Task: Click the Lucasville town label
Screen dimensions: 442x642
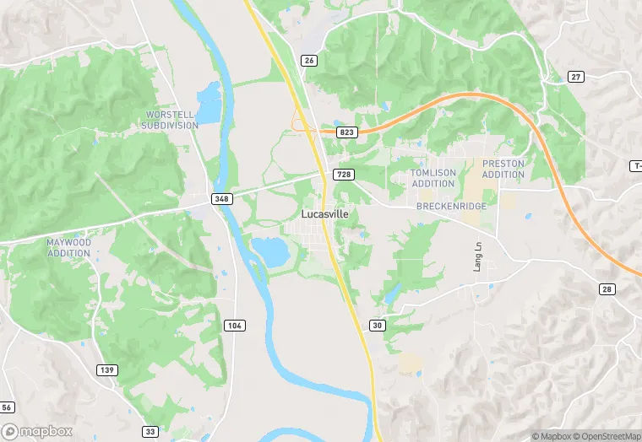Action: [325, 214]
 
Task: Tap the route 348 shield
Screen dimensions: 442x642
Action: [221, 199]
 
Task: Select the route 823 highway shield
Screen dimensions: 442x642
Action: [346, 132]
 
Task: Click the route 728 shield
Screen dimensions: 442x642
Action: [343, 175]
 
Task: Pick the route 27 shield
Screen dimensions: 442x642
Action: [576, 77]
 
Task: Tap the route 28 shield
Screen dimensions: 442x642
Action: [607, 289]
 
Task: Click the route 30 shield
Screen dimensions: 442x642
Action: [377, 326]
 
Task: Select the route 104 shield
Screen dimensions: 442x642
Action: [235, 326]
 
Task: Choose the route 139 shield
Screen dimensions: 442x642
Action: [107, 369]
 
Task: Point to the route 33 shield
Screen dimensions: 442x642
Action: [150, 431]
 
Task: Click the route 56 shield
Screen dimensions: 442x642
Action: [7, 407]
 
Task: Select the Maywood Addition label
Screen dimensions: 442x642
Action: [68, 247]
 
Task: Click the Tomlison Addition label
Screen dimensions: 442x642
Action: [433, 178]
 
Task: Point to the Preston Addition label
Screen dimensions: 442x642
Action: [503, 169]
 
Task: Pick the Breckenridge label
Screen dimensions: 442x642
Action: [450, 206]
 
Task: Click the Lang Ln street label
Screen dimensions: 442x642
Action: [477, 256]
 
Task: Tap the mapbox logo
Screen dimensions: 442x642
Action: [37, 431]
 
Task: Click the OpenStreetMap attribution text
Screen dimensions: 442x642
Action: [605, 436]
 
